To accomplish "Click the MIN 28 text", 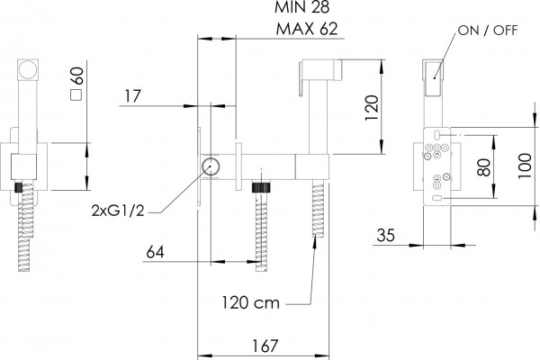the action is [301, 7].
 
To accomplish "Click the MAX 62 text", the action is [307, 29].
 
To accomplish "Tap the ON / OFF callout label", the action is [488, 31].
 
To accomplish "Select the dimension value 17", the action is [132, 96].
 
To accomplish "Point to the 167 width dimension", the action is [265, 346].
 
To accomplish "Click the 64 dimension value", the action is [156, 252].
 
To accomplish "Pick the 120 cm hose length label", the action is [250, 302].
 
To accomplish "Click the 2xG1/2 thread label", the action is [118, 210].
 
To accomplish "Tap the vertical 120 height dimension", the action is [372, 107].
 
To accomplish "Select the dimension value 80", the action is [484, 167].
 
